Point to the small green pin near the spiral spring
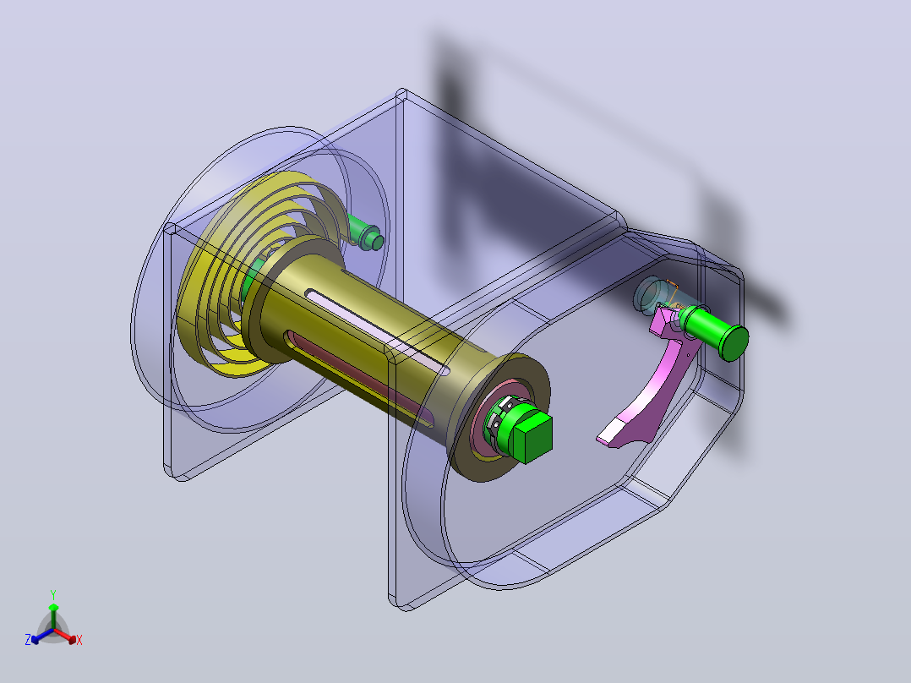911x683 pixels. (x=366, y=233)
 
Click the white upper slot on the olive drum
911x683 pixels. (x=378, y=331)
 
